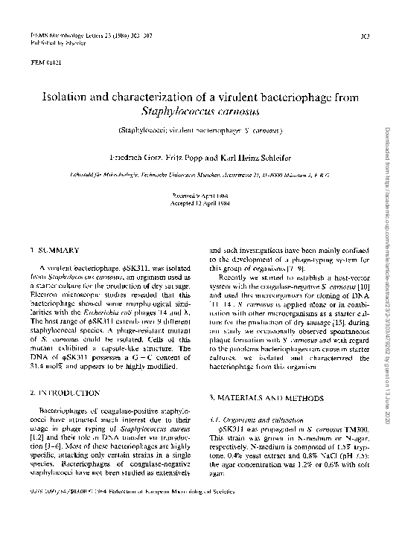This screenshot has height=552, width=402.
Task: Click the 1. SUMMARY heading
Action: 57,251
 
